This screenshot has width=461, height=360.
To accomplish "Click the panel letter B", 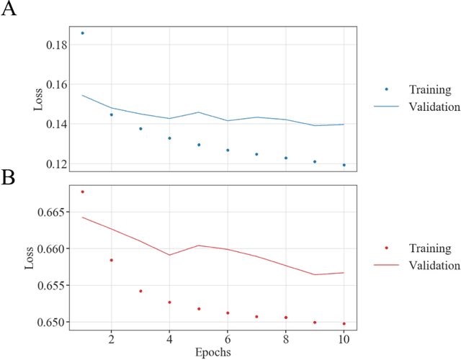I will tap(10, 178).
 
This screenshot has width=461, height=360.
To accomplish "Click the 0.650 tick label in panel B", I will tap(52, 322).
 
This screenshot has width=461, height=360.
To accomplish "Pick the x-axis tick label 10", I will tap(344, 338).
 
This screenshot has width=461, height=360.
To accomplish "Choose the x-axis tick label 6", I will tap(228, 338).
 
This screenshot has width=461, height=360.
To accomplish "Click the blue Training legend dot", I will tap(387, 89).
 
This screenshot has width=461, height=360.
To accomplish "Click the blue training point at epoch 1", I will tap(82, 33).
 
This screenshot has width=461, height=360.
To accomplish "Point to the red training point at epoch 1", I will tap(82, 192).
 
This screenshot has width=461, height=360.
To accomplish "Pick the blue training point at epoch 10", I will tap(344, 165).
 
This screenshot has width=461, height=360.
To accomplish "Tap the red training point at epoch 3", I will tap(140, 291).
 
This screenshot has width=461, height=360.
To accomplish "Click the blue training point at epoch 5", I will tap(199, 145).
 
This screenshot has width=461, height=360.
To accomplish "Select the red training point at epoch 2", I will tap(111, 260).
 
